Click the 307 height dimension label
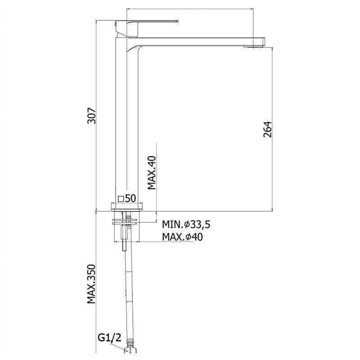tap(91, 116)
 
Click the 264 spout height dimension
tap(267, 130)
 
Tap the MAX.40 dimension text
tap(152, 173)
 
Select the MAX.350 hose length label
tap(91, 284)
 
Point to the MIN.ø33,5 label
tap(186, 224)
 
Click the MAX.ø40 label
tap(182, 237)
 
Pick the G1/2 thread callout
tap(109, 338)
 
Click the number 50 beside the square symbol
tap(130, 198)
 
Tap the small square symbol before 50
tap(121, 199)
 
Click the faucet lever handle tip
tap(177, 22)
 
